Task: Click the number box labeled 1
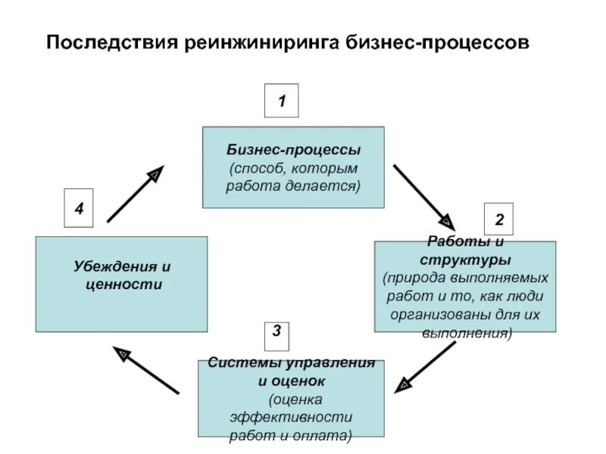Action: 281,101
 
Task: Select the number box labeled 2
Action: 499,220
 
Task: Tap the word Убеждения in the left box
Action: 111,267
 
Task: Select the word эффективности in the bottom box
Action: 291,418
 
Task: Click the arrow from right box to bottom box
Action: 426,365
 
